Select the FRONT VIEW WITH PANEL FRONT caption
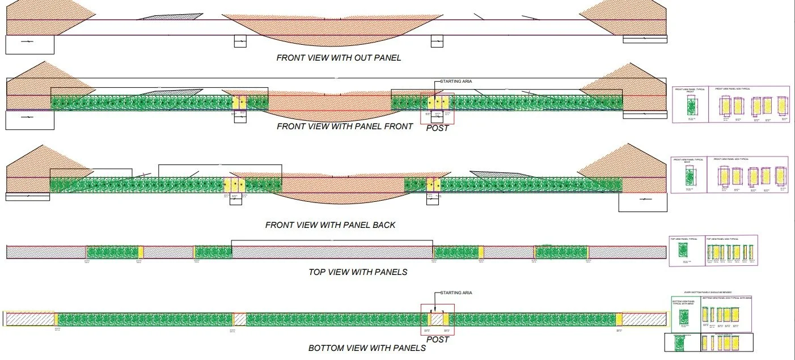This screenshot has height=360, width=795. click(x=345, y=126)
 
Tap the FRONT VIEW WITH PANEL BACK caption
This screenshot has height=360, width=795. click(x=330, y=225)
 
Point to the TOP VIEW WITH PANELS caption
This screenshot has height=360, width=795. click(x=358, y=272)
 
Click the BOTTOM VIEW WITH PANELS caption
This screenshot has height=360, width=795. click(x=367, y=348)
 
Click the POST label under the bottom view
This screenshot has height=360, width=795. click(x=437, y=340)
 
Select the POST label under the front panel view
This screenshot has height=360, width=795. click(x=437, y=128)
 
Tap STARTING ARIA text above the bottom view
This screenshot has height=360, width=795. click(x=456, y=293)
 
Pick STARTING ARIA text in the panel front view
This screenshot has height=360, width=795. click(x=456, y=81)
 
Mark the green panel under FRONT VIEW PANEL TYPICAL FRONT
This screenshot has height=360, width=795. click(x=691, y=107)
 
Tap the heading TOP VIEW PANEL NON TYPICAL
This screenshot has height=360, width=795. click(x=723, y=239)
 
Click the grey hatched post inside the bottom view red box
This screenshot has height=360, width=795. click(x=437, y=319)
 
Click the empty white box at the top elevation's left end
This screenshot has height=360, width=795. click(x=29, y=45)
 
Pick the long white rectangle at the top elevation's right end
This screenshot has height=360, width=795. click(x=645, y=39)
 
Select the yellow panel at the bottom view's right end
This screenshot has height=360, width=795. click(x=619, y=319)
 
